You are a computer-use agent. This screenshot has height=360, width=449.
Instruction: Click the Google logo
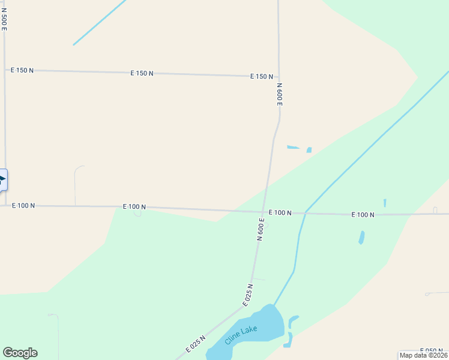(20, 353)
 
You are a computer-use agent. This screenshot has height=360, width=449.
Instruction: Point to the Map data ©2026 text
(423, 355)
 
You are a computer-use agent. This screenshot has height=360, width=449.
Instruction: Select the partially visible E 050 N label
(433, 351)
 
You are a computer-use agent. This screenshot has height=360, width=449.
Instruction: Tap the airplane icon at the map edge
(2, 179)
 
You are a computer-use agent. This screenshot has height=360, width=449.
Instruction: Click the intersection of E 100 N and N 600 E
(263, 212)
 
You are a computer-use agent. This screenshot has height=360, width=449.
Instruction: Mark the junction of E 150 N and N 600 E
(279, 77)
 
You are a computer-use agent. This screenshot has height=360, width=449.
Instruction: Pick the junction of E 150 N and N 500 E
(5, 70)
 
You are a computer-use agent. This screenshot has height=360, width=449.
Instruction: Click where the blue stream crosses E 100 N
(306, 212)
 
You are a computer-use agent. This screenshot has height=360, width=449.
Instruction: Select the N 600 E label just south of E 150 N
(279, 94)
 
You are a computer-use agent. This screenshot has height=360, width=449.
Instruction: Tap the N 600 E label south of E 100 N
(261, 229)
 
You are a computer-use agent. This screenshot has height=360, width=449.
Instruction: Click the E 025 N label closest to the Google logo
(196, 344)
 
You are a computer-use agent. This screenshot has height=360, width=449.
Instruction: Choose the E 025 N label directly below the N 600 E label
(248, 295)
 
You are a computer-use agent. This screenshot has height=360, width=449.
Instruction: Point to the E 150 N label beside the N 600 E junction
(262, 77)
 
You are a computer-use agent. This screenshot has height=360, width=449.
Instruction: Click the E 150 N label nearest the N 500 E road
(22, 70)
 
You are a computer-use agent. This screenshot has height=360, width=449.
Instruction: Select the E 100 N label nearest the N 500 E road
(23, 205)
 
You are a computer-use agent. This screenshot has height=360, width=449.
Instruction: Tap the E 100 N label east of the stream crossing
(363, 214)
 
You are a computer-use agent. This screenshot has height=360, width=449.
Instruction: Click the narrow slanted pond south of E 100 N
(361, 238)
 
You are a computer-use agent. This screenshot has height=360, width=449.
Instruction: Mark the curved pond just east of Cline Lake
(291, 331)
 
